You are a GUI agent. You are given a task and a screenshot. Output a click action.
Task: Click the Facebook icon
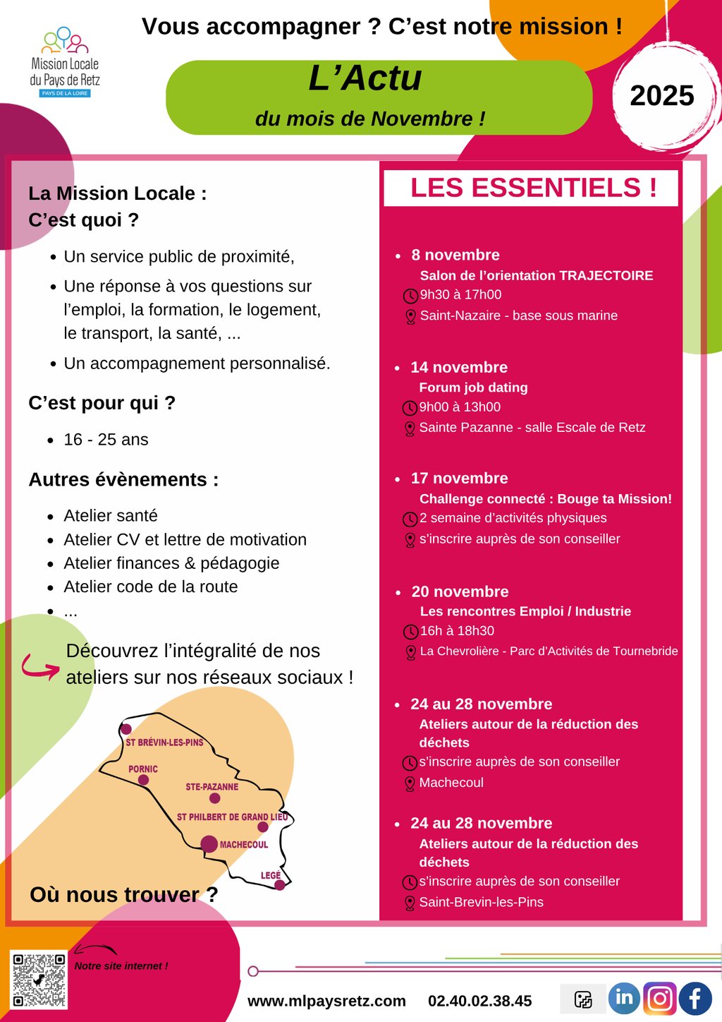pyautogui.click(x=695, y=999)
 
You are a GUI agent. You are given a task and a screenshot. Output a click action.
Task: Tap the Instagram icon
pyautogui.click(x=660, y=999)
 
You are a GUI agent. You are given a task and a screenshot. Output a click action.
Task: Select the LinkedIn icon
pyautogui.click(x=624, y=998)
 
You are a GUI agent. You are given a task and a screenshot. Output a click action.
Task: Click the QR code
pyautogui.click(x=39, y=979)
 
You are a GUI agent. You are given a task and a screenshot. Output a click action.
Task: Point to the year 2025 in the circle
pyautogui.click(x=661, y=96)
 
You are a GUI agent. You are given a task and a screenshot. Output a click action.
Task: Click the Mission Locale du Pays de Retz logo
pyautogui.click(x=65, y=62)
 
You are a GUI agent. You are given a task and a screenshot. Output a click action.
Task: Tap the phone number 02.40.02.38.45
pyautogui.click(x=479, y=1001)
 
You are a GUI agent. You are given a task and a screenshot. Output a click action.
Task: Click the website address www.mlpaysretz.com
pyautogui.click(x=326, y=1001)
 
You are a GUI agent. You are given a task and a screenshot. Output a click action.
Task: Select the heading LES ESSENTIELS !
pyautogui.click(x=533, y=188)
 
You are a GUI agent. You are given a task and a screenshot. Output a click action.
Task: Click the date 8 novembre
pyautogui.click(x=455, y=255)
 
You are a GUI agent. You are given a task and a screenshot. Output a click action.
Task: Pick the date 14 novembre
pyautogui.click(x=459, y=367)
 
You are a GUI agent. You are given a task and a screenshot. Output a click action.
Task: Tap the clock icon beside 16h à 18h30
pyautogui.click(x=410, y=632)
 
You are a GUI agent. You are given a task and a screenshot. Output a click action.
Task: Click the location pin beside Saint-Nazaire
pyautogui.click(x=410, y=317)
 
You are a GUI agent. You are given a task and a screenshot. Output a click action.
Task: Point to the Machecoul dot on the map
pyautogui.click(x=209, y=843)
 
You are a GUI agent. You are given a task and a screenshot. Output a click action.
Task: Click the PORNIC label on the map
pyautogui.click(x=143, y=769)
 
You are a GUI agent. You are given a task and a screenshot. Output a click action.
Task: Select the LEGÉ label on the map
pyautogui.click(x=271, y=875)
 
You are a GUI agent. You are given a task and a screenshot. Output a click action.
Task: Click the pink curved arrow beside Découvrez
pyautogui.click(x=40, y=666)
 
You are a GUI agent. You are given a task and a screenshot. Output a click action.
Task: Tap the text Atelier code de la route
pyautogui.click(x=151, y=587)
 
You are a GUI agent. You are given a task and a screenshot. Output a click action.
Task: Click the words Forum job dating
pyautogui.click(x=473, y=387)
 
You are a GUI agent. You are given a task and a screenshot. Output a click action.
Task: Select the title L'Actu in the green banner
pyautogui.click(x=365, y=78)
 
